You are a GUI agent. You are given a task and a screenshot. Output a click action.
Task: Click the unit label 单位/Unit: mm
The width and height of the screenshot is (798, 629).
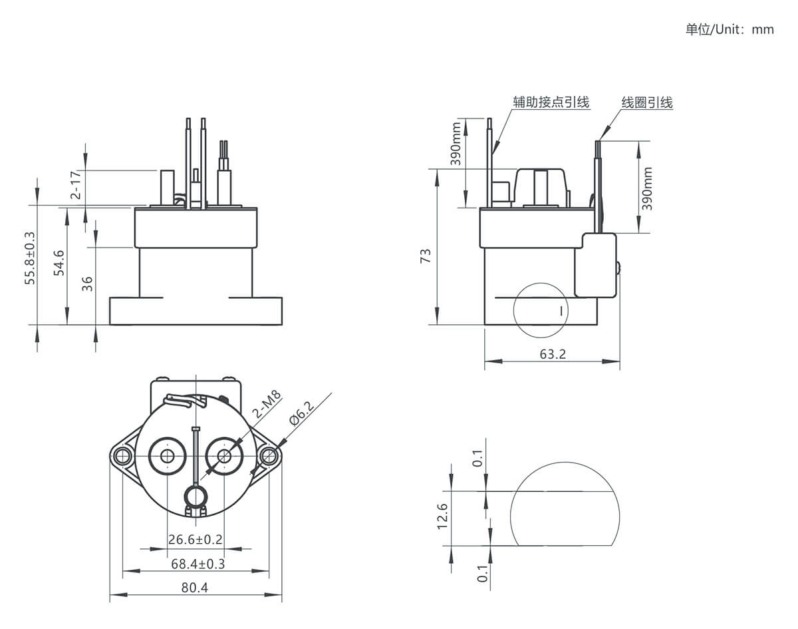click(730, 30)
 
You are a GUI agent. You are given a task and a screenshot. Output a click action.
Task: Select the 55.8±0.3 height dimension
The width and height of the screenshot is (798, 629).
click(30, 258)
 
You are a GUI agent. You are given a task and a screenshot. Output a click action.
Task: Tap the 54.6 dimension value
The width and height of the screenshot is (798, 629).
click(59, 263)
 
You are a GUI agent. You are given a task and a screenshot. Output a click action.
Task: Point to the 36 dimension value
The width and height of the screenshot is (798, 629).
click(86, 284)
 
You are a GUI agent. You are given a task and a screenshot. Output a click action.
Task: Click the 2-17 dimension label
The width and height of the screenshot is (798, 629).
click(76, 185)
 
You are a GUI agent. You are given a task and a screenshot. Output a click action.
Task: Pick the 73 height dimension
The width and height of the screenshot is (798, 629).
click(426, 256)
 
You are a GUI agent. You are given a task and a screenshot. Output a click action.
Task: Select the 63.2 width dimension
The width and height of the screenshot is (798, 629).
click(553, 354)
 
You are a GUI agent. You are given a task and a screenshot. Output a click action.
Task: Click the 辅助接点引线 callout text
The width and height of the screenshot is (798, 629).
click(551, 102)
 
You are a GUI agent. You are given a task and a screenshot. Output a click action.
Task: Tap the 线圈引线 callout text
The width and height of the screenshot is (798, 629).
click(647, 103)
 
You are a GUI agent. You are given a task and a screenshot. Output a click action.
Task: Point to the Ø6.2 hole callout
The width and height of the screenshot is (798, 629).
click(302, 413)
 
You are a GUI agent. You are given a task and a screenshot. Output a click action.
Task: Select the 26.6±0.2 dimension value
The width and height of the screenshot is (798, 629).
click(196, 539)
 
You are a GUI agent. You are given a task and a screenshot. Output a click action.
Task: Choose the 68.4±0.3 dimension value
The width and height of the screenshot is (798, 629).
click(198, 564)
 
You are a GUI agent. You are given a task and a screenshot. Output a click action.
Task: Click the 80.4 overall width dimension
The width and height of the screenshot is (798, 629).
click(195, 588)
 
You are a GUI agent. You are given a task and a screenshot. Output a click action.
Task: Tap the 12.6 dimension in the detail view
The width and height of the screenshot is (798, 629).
click(443, 516)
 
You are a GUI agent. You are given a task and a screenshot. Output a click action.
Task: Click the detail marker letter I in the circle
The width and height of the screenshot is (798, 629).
click(562, 310)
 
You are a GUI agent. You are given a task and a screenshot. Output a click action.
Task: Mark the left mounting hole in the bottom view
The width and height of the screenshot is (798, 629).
click(121, 455)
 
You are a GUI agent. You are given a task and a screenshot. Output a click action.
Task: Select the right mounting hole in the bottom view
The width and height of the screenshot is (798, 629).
click(269, 455)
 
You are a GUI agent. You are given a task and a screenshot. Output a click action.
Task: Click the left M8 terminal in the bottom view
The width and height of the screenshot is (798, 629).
click(167, 455)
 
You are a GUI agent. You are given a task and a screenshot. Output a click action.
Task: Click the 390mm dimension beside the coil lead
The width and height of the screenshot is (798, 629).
click(647, 188)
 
